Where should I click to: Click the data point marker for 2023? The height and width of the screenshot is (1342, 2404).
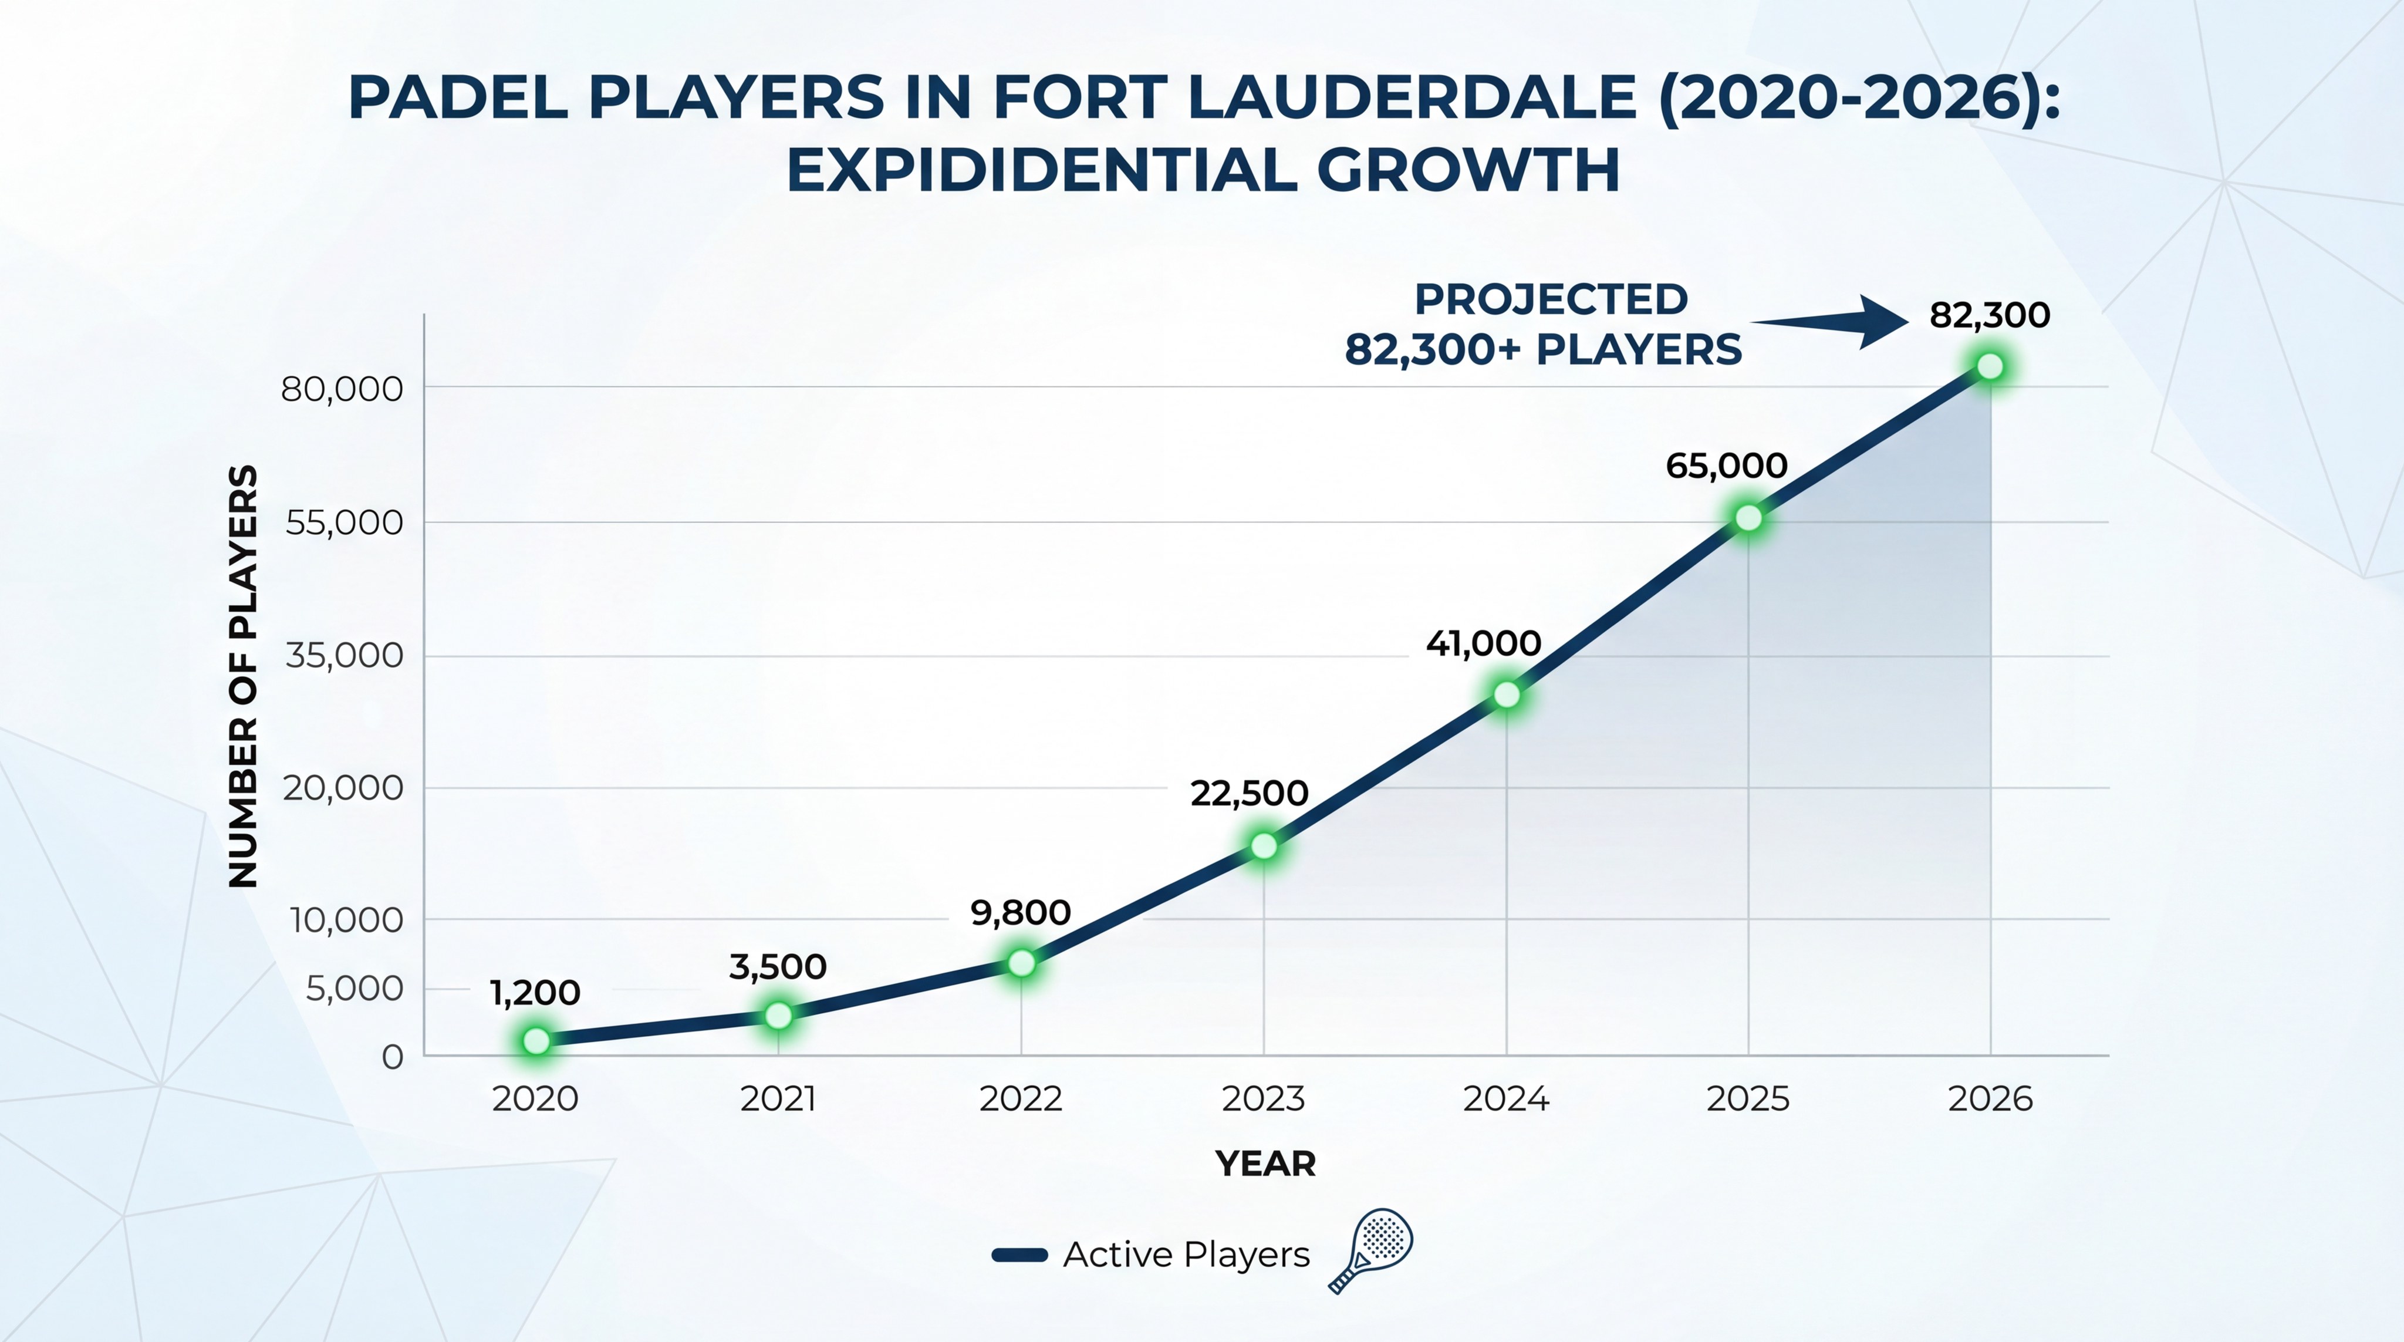(x=1264, y=845)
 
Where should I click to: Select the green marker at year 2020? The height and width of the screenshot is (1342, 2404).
(x=536, y=1041)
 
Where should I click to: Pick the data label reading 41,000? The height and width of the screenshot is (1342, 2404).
(x=1483, y=644)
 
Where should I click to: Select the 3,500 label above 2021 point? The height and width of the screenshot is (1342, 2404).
(x=778, y=967)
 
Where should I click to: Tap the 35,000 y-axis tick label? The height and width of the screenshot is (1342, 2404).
(x=343, y=656)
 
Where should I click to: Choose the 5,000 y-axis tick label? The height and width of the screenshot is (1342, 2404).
(x=354, y=989)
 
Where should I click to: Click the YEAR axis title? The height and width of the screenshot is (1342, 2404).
(x=1265, y=1164)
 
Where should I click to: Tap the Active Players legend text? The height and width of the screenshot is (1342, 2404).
(x=1186, y=1255)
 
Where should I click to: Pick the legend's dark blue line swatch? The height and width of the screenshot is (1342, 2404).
(x=1019, y=1255)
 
